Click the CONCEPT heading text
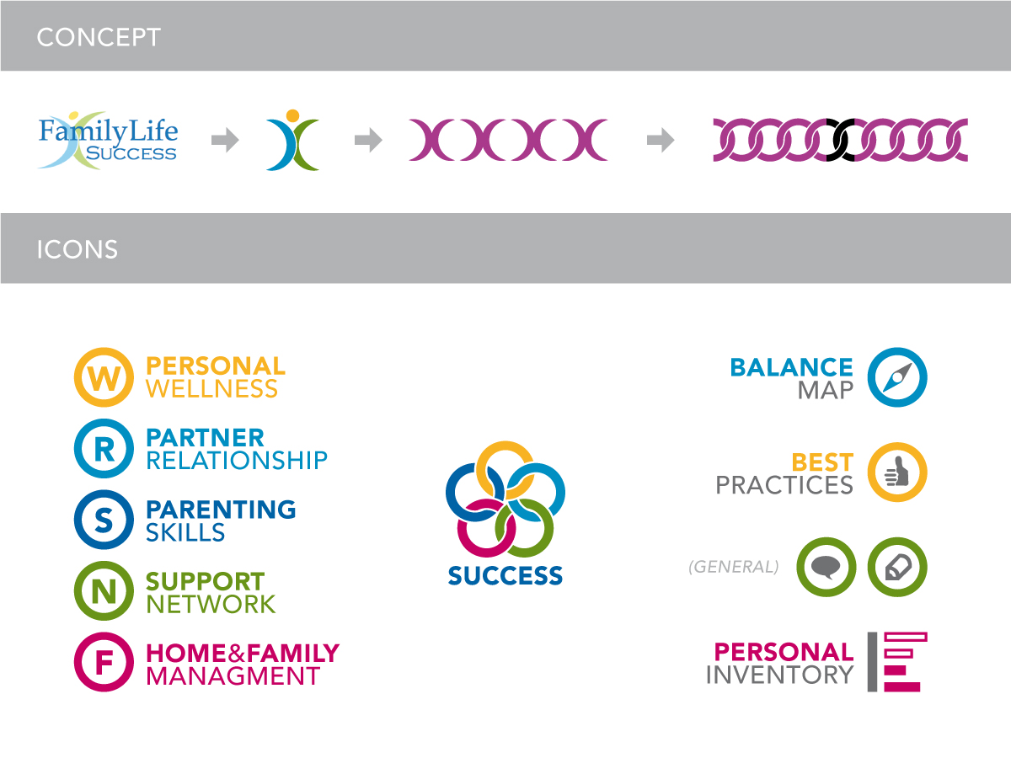[98, 37]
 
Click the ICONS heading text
[77, 249]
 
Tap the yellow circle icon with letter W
[104, 377]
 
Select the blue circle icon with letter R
[104, 449]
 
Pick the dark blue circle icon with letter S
[104, 520]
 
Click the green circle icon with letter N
[104, 592]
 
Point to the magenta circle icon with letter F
[104, 663]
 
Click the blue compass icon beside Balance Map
[897, 377]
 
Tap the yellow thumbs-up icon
[897, 472]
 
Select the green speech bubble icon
[826, 568]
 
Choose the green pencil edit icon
[897, 568]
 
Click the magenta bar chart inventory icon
[898, 662]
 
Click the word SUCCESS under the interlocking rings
[505, 576]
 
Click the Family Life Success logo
[108, 141]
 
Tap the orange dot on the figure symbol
[292, 115]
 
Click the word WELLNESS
[211, 389]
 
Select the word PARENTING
[221, 510]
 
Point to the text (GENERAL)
[733, 567]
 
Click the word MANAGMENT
[233, 675]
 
